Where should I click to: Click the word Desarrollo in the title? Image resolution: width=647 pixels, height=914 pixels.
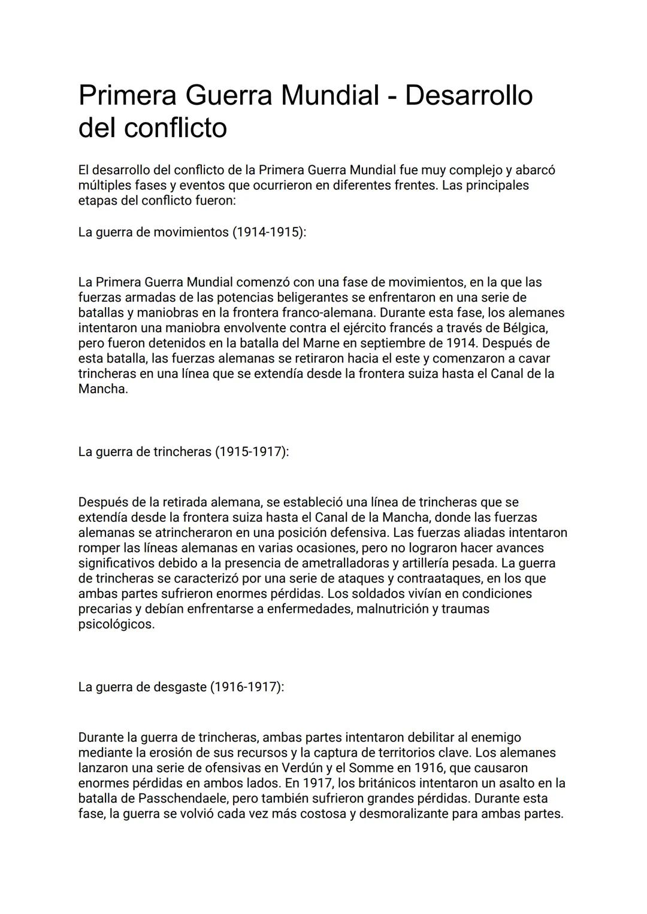pos(468,95)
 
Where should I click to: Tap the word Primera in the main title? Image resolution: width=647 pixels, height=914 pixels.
pos(126,95)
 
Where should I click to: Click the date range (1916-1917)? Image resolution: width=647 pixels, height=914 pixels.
pos(247,687)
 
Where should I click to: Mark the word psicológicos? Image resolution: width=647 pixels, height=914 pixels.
pos(116,624)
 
